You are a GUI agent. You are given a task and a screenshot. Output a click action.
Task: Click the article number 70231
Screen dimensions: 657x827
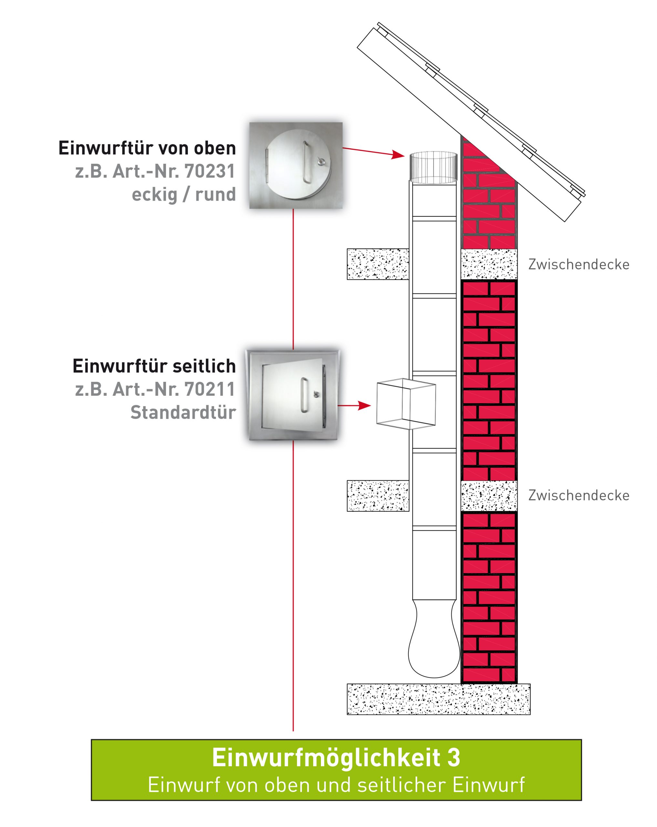[209, 172]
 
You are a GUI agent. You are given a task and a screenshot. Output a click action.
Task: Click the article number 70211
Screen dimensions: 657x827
[209, 389]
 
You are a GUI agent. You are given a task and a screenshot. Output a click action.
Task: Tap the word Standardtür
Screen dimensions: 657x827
[183, 412]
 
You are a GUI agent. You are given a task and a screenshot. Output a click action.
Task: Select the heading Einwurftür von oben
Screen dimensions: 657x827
[147, 148]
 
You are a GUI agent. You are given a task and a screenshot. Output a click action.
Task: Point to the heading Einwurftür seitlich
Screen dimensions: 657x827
[154, 366]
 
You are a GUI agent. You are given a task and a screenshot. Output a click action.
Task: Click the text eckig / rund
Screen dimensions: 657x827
[184, 194]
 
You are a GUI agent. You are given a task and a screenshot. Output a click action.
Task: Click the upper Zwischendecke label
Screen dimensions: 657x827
[579, 264]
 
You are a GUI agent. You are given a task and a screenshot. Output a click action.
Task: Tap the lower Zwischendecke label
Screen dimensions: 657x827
[579, 495]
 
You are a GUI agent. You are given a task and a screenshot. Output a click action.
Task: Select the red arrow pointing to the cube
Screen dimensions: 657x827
[354, 405]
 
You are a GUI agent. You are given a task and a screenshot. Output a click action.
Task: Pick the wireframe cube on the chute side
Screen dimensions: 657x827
[406, 403]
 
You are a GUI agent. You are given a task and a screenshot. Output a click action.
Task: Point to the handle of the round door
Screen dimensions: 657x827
[306, 162]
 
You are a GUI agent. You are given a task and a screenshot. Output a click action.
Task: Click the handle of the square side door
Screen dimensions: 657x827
[304, 395]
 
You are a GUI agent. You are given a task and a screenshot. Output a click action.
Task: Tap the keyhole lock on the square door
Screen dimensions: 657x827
[317, 393]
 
